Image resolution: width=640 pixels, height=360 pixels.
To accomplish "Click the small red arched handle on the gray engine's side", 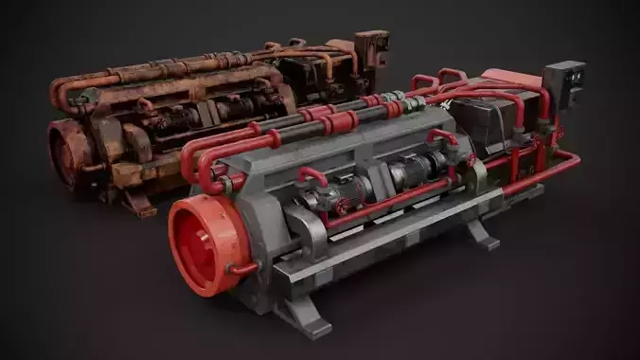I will [x=312, y=176].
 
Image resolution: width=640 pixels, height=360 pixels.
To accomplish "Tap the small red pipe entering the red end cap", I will [x=242, y=271].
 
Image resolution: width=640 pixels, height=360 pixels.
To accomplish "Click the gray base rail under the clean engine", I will [x=379, y=256].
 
